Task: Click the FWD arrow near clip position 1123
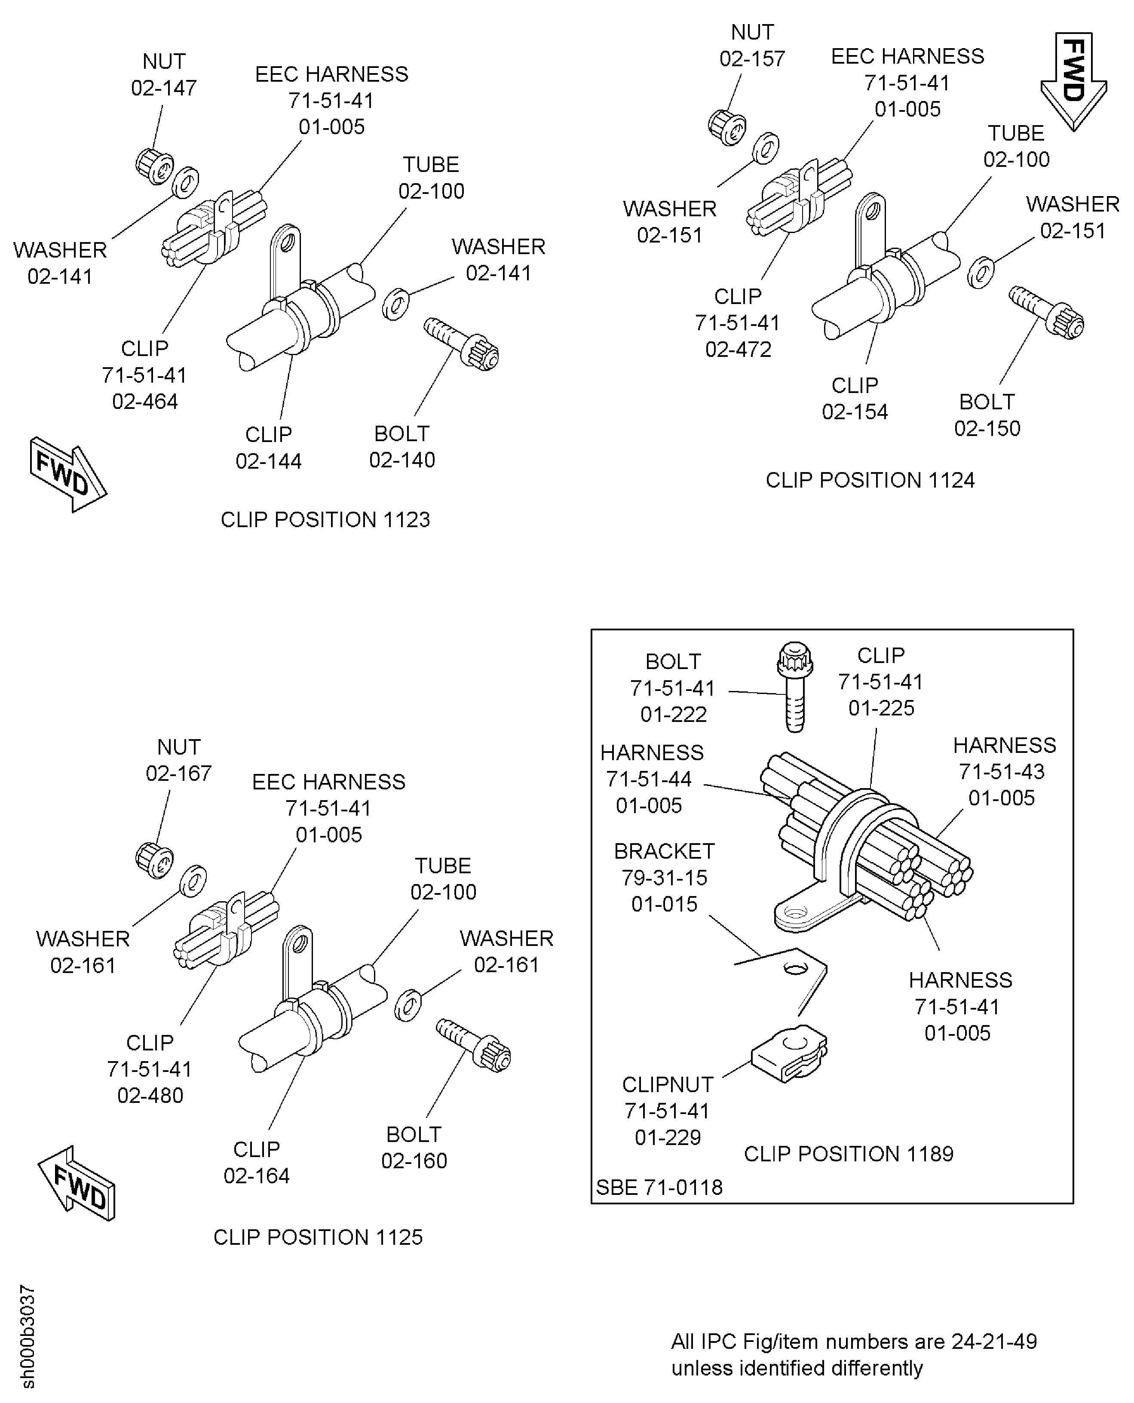tap(67, 474)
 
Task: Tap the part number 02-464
tap(145, 401)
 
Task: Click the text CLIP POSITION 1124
tap(870, 480)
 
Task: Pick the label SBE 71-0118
tap(659, 1187)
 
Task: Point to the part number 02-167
tap(178, 774)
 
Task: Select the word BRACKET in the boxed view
tap(664, 851)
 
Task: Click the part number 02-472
tap(738, 350)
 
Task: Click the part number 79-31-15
tap(664, 878)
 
